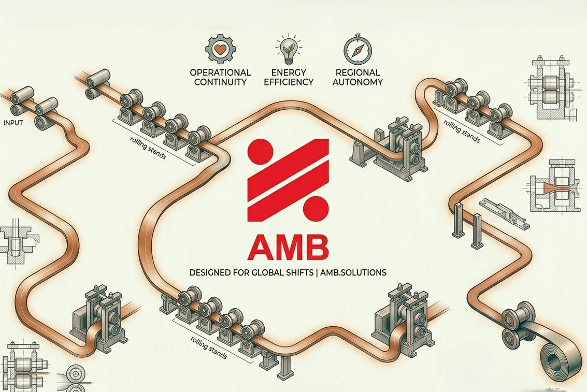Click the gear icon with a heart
tap(221, 50)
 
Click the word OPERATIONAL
tap(221, 72)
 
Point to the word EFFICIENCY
tap(289, 82)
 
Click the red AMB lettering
tap(288, 248)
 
